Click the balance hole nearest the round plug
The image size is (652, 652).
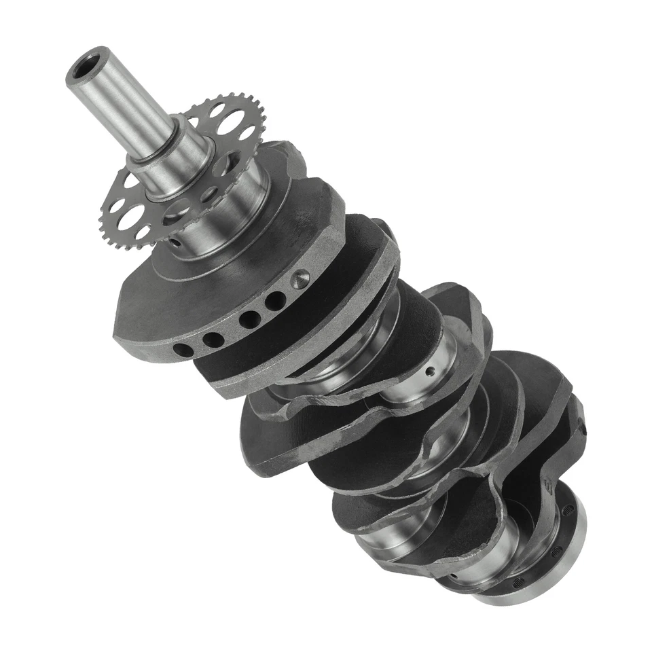274,300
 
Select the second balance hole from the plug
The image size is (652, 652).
249,318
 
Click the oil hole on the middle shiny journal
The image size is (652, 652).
429,371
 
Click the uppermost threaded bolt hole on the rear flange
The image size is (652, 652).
568,510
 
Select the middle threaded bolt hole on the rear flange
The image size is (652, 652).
557,551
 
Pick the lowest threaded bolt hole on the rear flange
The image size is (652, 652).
519,582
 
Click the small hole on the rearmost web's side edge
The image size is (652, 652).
583,429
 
